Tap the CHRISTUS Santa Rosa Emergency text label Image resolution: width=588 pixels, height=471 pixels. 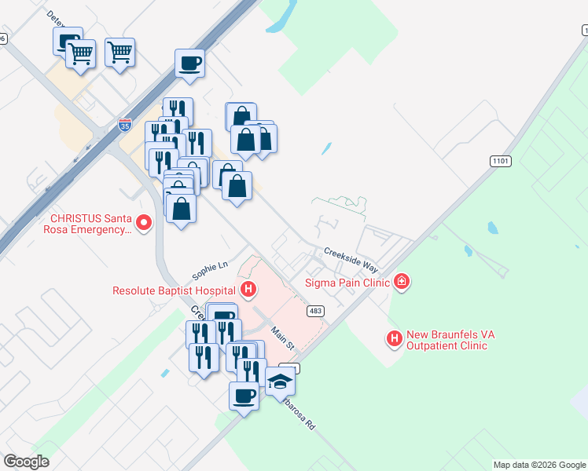pyautogui.click(x=88, y=224)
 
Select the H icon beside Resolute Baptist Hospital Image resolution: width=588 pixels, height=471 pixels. pyautogui.click(x=248, y=290)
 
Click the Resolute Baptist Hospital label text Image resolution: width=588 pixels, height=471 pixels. pyautogui.click(x=175, y=290)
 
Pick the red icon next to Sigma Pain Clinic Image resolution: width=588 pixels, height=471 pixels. pyautogui.click(x=401, y=280)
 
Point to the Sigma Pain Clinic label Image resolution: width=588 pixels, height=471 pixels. pyautogui.click(x=348, y=281)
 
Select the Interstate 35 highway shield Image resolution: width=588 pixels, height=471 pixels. pyautogui.click(x=125, y=124)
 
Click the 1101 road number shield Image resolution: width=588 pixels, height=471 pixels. pyautogui.click(x=501, y=161)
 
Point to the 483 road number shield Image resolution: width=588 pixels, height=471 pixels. pyautogui.click(x=316, y=312)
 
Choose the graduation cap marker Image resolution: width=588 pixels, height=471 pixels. pyautogui.click(x=280, y=382)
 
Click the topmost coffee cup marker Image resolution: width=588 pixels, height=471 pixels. pyautogui.click(x=190, y=63)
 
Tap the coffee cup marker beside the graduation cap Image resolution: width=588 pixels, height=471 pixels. pyautogui.click(x=244, y=396)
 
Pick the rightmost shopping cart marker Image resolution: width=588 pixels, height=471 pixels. pyautogui.click(x=119, y=53)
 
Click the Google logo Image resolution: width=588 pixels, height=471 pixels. pyautogui.click(x=27, y=462)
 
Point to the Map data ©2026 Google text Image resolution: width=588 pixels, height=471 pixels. pyautogui.click(x=539, y=465)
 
